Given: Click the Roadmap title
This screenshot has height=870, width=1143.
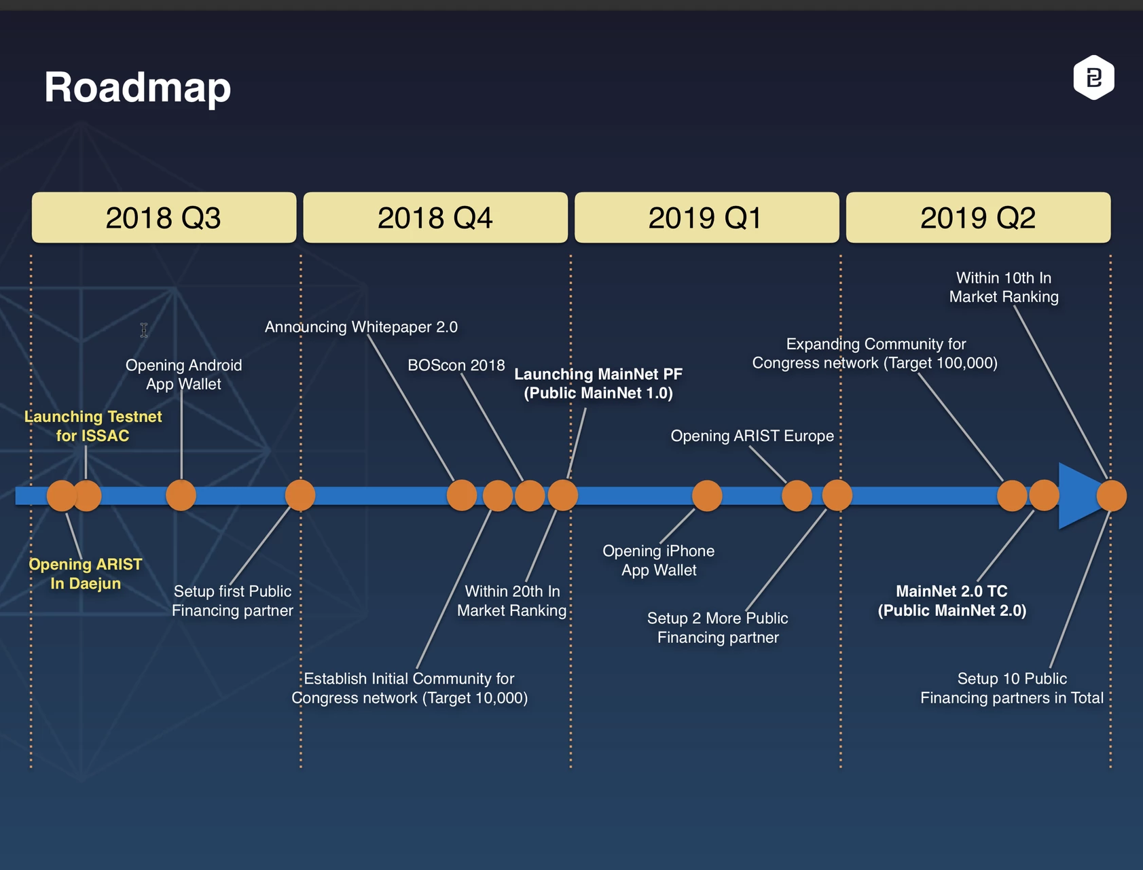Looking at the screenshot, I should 138,88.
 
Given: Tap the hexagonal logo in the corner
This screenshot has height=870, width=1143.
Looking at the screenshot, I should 1093,77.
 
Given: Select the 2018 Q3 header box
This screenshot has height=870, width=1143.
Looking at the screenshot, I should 164,217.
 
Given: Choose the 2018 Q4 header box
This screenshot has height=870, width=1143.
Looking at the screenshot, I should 435,217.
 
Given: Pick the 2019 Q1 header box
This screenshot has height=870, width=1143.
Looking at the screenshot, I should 706,217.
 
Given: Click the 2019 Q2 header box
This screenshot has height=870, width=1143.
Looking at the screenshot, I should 978,217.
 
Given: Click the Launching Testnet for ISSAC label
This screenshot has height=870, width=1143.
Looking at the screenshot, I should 93,426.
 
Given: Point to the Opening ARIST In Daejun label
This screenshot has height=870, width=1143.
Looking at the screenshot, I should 86,574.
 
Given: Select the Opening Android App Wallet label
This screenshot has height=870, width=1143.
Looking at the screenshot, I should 183,375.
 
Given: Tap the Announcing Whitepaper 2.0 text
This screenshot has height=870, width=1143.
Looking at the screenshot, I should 361,327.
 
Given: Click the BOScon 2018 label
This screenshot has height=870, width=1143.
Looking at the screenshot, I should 456,365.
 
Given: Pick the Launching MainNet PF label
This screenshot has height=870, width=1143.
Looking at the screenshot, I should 598,383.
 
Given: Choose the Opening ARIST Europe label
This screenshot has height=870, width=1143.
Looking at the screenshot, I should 752,436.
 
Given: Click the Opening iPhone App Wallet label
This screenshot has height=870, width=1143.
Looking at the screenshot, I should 659,560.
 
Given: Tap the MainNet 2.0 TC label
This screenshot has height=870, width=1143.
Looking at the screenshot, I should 951,601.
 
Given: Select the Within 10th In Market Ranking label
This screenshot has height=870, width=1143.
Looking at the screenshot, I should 1004,287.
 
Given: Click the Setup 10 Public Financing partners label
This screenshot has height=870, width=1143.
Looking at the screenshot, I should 1012,688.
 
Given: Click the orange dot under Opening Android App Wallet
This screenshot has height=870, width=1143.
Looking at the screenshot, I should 181,495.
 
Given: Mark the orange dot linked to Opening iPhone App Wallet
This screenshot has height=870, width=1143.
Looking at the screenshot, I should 707,495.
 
